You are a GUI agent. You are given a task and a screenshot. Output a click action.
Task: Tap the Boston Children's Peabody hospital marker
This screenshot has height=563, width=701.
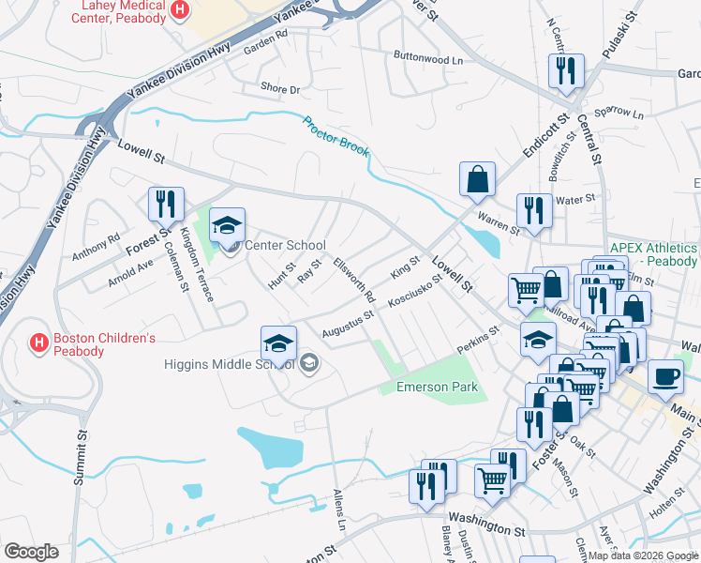click(x=39, y=343)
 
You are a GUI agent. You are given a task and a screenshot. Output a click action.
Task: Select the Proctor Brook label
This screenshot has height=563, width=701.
click(x=336, y=136)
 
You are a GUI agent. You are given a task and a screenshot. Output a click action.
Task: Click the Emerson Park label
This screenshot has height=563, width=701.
click(x=437, y=387)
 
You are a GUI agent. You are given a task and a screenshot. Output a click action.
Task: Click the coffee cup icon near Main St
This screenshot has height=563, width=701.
click(x=665, y=377)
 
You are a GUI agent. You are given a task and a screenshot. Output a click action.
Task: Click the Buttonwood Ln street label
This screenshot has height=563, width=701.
click(x=428, y=58)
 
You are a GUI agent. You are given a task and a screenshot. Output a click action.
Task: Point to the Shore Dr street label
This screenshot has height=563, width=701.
click(x=280, y=89)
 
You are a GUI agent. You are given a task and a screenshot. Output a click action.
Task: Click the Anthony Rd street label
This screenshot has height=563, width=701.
click(x=96, y=247)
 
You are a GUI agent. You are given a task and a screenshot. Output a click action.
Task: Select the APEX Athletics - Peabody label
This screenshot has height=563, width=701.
click(x=653, y=253)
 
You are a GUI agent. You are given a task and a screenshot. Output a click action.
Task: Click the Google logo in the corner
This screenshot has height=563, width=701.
click(x=32, y=552)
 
